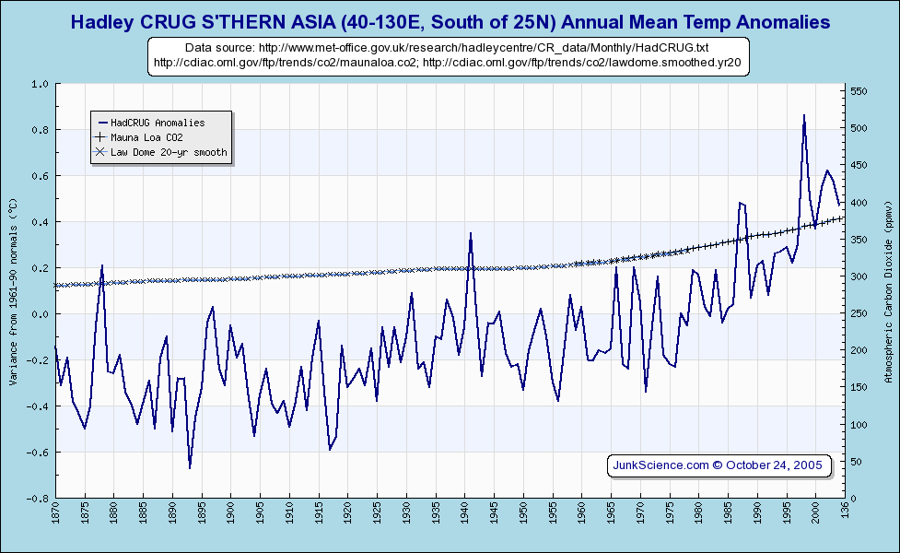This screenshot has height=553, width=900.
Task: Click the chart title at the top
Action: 450,21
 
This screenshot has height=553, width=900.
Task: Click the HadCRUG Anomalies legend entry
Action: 157,123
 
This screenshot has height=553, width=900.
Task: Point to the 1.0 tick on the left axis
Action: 41,84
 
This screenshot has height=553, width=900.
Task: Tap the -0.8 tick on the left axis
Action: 39,499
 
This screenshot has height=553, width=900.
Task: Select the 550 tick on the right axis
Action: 858,91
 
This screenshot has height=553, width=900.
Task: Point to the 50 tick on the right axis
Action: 856,462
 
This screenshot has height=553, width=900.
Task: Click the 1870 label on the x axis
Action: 56,516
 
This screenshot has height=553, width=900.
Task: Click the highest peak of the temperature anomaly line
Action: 804,116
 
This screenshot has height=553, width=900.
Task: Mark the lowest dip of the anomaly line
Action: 190,467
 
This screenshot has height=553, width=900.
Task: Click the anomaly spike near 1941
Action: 471,234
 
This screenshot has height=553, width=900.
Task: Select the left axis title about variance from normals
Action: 13,291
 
